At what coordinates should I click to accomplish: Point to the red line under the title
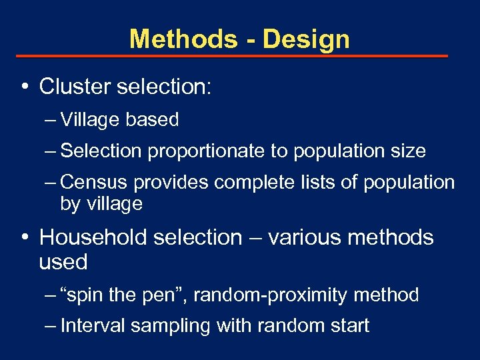[x=232, y=56]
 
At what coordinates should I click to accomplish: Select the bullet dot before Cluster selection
[x=23, y=86]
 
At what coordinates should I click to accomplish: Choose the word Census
[x=95, y=183]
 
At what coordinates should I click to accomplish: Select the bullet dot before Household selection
[x=23, y=237]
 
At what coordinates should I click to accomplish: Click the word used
[x=63, y=262]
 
